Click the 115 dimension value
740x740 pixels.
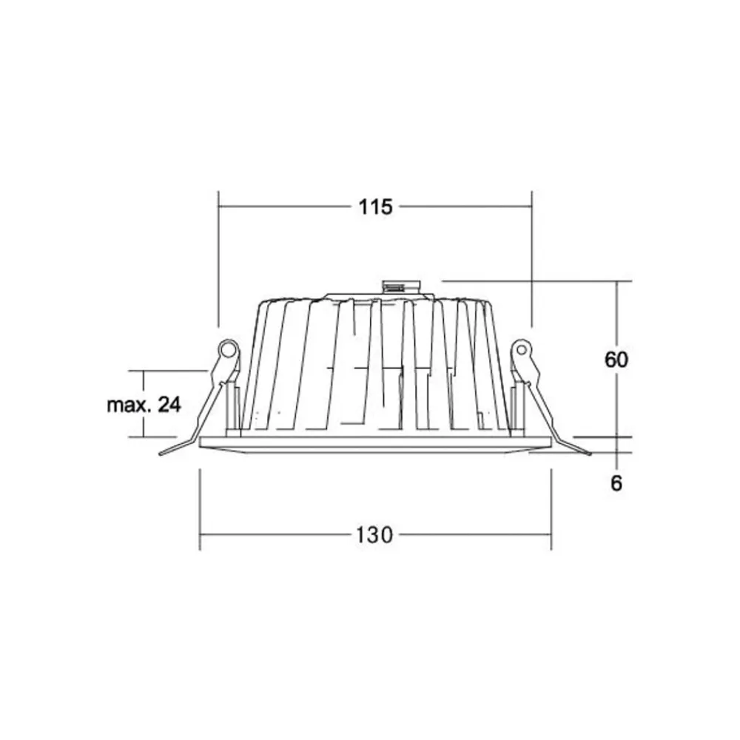click(375, 207)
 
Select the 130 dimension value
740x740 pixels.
click(375, 534)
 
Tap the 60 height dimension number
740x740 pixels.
click(616, 360)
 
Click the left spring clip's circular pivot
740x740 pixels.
click(227, 347)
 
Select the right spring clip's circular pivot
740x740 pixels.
click(522, 347)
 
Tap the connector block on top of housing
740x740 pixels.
click(400, 286)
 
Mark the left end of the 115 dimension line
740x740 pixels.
click(219, 207)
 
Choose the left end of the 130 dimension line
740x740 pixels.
click(201, 534)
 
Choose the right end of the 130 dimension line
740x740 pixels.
click(551, 534)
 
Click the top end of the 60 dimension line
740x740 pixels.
click(619, 282)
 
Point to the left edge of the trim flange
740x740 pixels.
click(202, 443)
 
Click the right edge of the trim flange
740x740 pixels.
click(550, 443)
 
